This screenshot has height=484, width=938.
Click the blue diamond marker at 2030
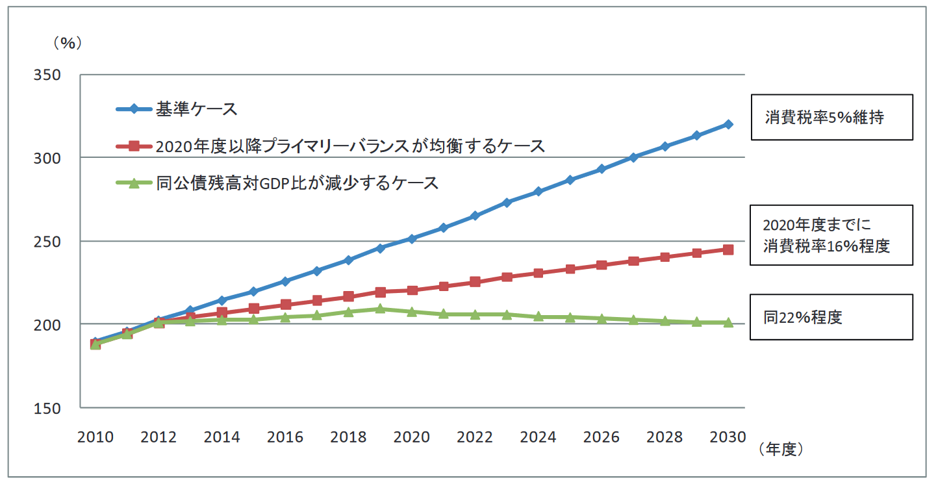click(728, 124)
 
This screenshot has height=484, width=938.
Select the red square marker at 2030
click(728, 249)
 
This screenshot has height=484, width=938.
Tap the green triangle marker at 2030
click(728, 322)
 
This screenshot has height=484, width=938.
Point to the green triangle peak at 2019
click(380, 309)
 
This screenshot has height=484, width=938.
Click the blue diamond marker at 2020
click(412, 238)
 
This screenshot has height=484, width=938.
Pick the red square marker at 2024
click(539, 273)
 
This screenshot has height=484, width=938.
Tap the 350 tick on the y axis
click(47, 75)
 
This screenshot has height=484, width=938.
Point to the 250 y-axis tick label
click(47, 241)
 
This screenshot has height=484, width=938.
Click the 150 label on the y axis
click(47, 407)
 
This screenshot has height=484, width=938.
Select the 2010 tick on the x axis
click(95, 437)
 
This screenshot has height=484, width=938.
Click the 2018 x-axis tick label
click(348, 437)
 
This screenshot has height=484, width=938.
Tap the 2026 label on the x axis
click(602, 437)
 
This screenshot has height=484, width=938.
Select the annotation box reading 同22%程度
click(831, 317)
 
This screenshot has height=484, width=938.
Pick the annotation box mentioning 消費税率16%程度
click(831, 235)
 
